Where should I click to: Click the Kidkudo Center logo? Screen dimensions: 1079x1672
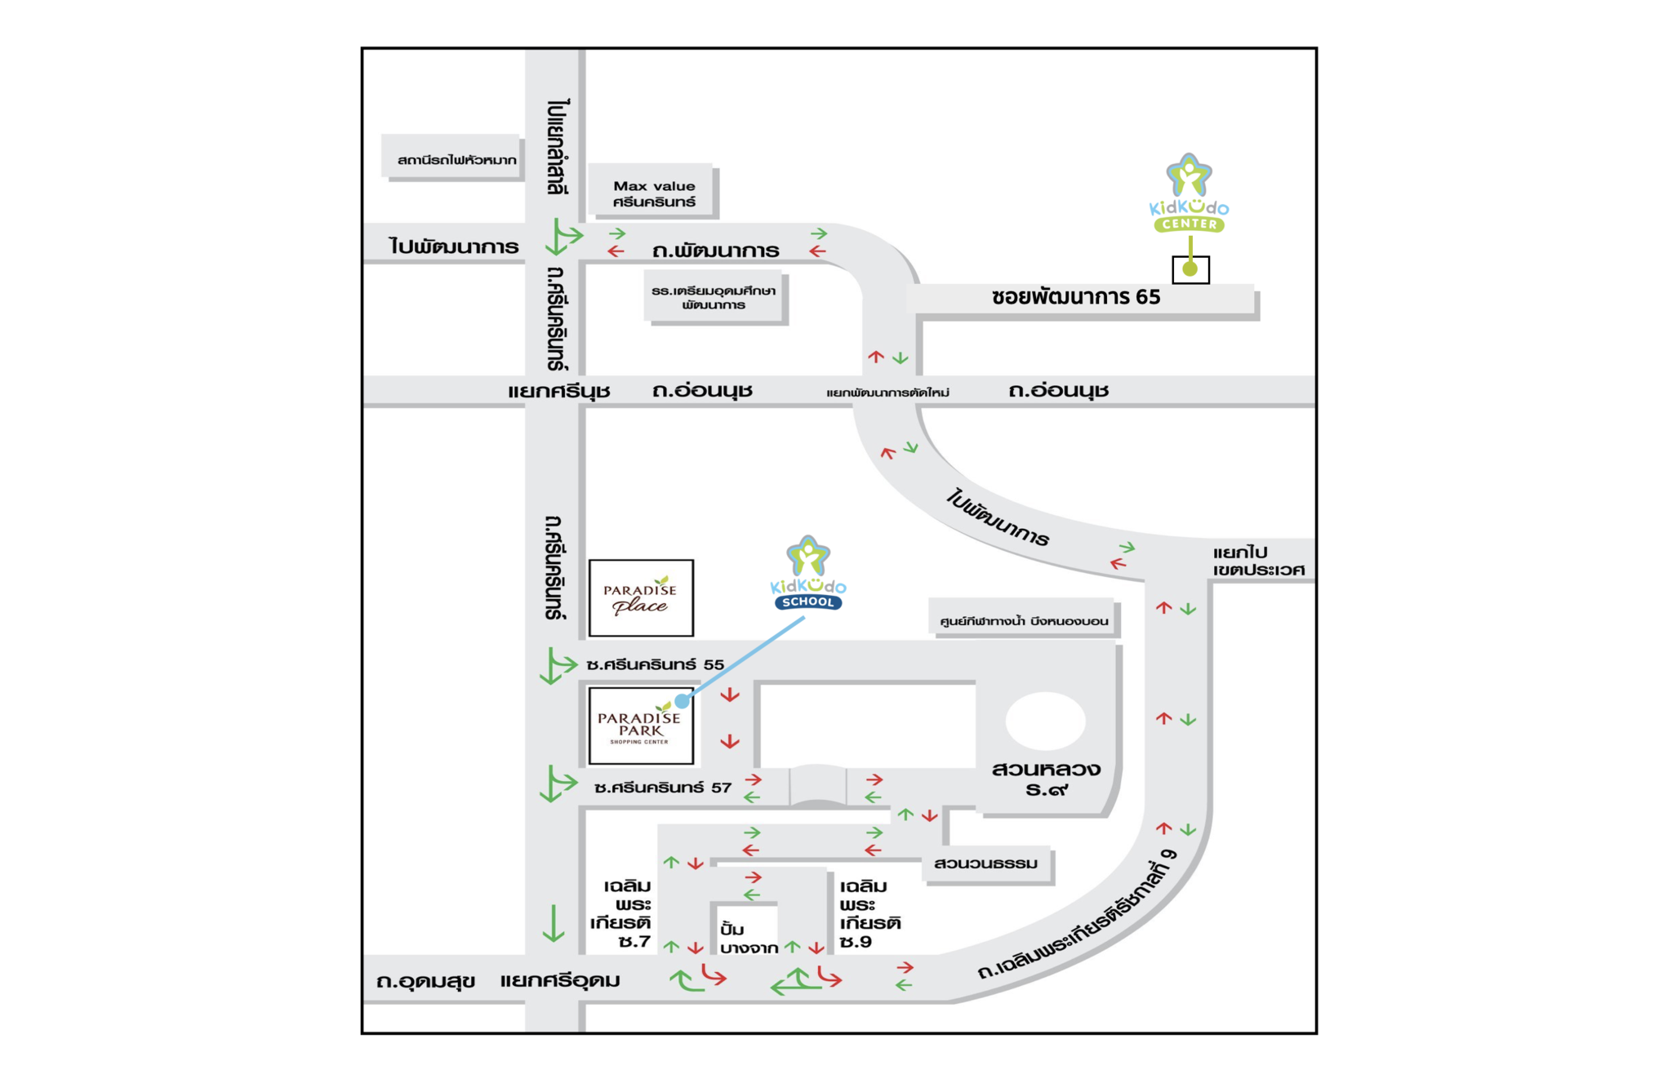(x=1189, y=194)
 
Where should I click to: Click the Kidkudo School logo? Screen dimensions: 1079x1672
(x=807, y=574)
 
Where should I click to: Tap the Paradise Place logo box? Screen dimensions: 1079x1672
(x=641, y=598)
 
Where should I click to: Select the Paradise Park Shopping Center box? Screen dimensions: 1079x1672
(x=641, y=726)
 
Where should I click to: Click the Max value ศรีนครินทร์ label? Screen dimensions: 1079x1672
(x=654, y=193)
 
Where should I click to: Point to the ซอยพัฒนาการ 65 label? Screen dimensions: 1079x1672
(x=1076, y=297)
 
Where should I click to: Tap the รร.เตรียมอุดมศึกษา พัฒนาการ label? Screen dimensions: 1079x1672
(x=714, y=298)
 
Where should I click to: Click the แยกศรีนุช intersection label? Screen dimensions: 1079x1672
(x=559, y=392)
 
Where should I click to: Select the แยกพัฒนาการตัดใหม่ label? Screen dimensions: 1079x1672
(x=887, y=393)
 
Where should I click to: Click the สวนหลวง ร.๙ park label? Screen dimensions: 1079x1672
(x=1046, y=779)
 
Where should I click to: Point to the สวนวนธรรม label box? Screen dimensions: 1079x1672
(x=986, y=864)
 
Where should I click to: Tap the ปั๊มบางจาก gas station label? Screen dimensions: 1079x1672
(x=748, y=939)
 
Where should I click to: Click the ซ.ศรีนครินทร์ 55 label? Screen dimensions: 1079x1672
(x=655, y=665)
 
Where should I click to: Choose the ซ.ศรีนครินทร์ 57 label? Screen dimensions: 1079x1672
(x=663, y=788)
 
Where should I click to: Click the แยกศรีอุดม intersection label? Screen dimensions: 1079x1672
(x=560, y=980)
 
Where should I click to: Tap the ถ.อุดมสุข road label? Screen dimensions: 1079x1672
(x=425, y=980)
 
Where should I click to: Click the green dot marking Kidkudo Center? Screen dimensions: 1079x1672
(x=1190, y=269)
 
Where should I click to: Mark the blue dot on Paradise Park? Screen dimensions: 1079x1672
(x=682, y=701)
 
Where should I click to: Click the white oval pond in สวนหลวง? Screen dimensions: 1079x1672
(x=1045, y=721)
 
